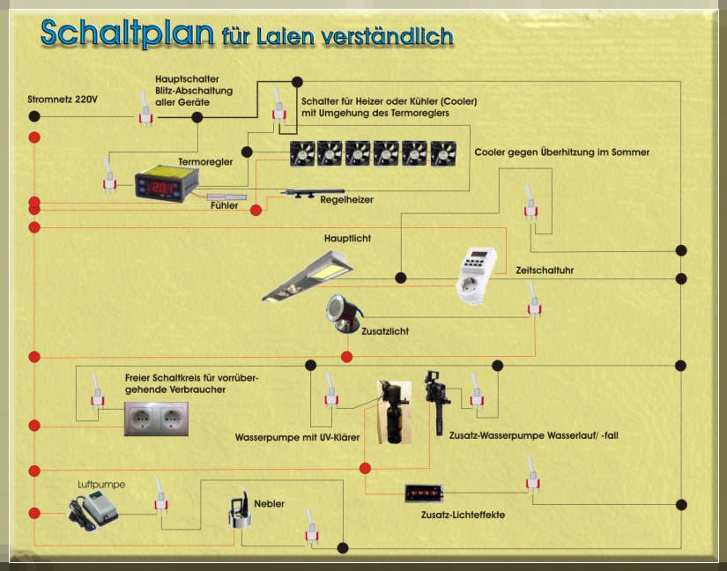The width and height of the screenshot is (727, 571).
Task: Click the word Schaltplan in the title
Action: coord(128,33)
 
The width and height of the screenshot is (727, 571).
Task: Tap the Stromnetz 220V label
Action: coord(63,100)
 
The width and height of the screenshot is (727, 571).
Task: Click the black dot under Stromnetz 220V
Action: coord(34,116)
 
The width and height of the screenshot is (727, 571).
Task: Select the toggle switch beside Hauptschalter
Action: coord(145,109)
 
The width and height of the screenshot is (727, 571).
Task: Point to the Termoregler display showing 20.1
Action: coord(167,184)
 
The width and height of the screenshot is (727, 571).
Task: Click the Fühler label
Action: coord(225,205)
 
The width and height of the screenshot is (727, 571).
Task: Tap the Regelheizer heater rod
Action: coord(313,193)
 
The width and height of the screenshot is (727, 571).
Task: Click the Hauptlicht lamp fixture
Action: coord(308,276)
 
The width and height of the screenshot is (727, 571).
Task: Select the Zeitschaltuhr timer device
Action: coord(476,276)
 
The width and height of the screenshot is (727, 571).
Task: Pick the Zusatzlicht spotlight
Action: coord(343,314)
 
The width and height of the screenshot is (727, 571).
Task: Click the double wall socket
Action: coord(156,419)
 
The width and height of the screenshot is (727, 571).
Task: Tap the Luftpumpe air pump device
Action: coord(93,510)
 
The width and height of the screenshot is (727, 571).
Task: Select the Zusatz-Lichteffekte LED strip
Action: coord(424,493)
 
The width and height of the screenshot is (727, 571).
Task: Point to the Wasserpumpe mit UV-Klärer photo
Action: coord(394,412)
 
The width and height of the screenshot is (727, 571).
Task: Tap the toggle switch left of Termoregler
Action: coord(109,174)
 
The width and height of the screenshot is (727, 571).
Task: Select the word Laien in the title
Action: coord(286,37)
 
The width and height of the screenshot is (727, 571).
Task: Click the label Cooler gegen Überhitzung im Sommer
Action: coord(562,152)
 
